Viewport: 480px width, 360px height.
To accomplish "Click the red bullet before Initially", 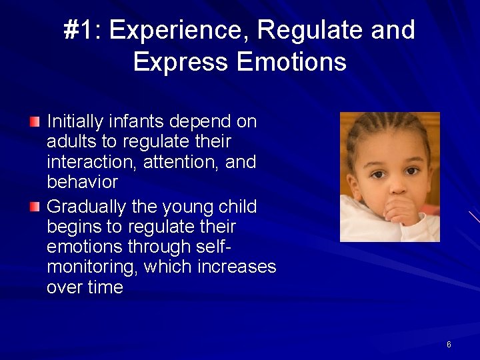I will [x=35, y=121].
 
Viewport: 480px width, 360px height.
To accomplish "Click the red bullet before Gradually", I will [x=35, y=207].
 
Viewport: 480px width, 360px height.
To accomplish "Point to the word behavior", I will [x=82, y=182].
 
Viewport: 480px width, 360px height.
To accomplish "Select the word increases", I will [x=236, y=267].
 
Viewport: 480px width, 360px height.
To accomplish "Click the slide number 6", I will [x=449, y=345].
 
